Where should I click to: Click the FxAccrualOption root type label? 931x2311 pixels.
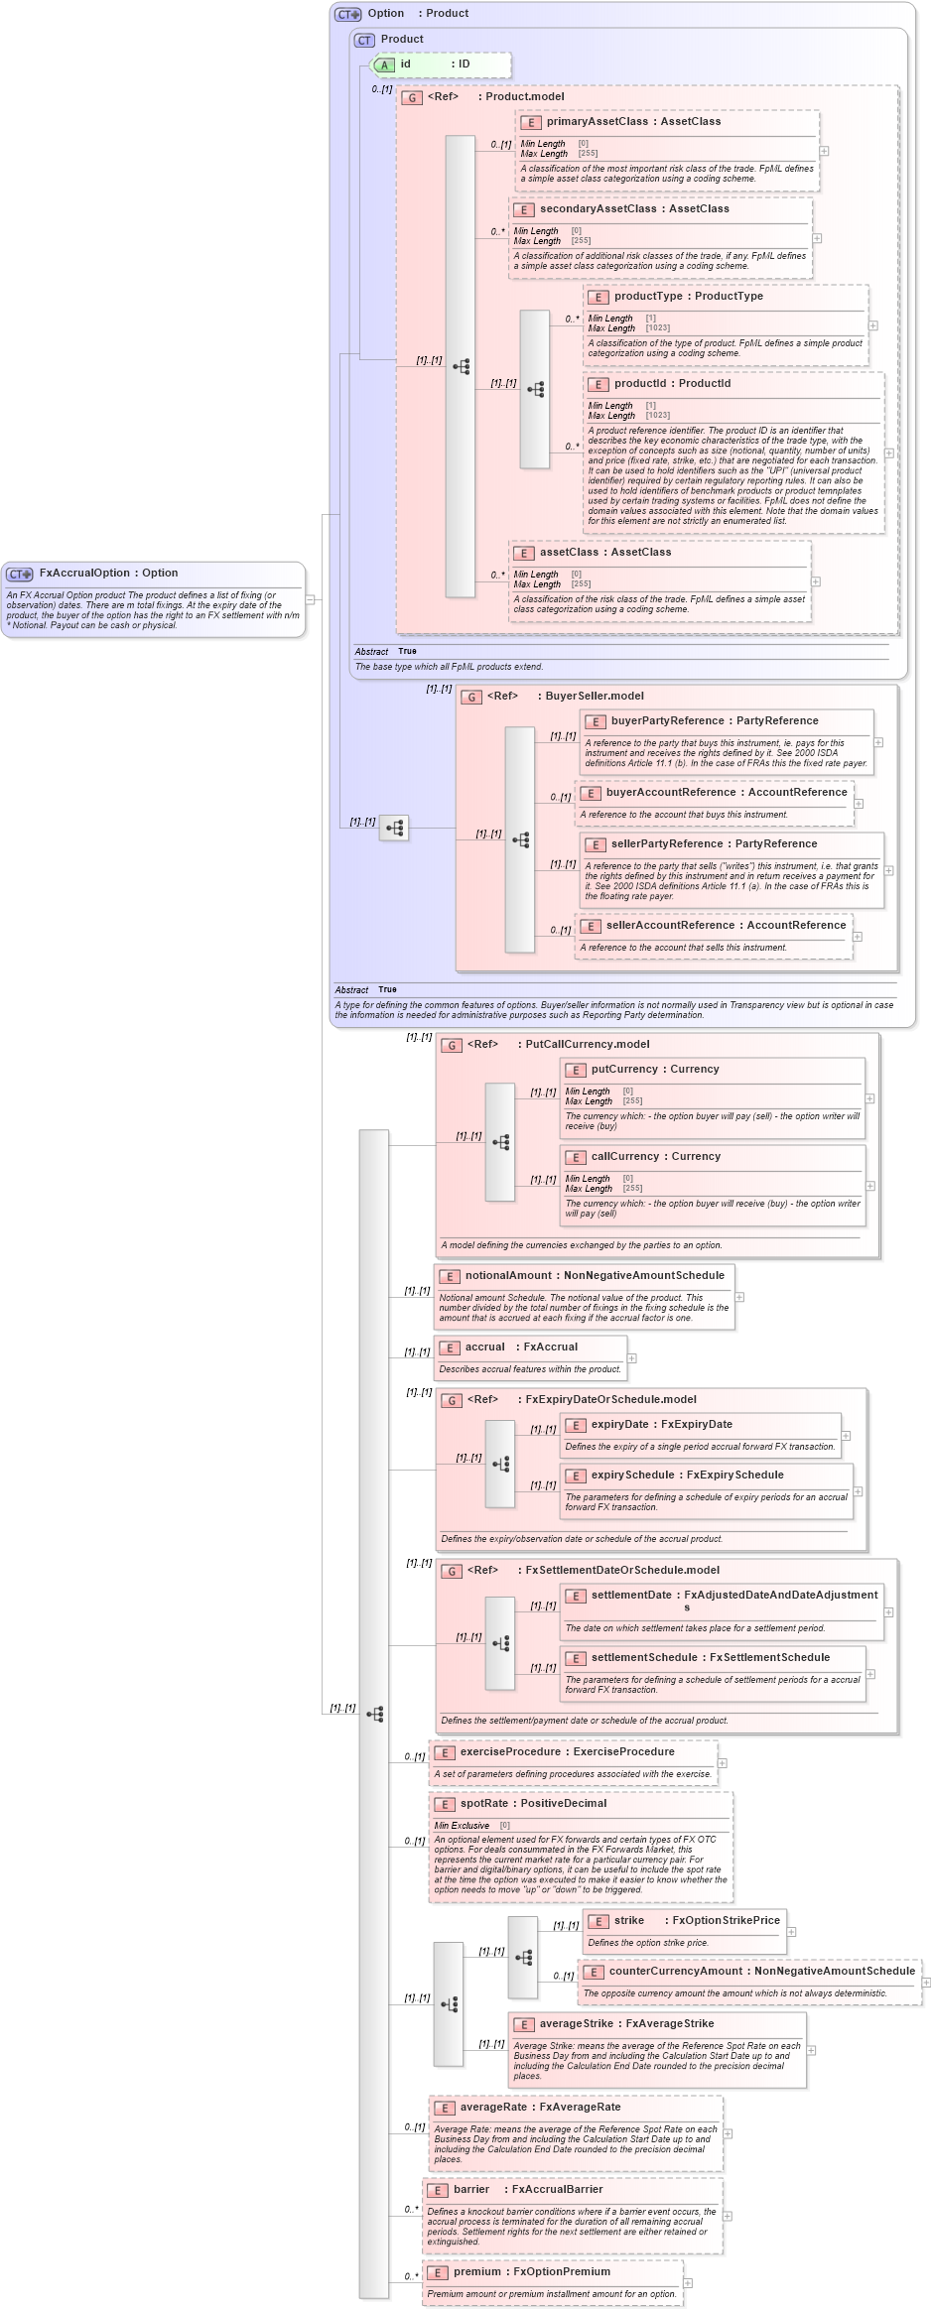coord(108,573)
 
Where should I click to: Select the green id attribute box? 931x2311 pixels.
coord(441,64)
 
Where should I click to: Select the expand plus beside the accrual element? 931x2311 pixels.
coord(631,1358)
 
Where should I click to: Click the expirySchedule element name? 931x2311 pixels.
coord(632,1475)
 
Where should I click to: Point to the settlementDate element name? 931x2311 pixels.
coord(631,1595)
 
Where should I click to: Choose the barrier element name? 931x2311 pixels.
coord(471,2189)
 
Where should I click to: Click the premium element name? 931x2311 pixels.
coord(476,2271)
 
